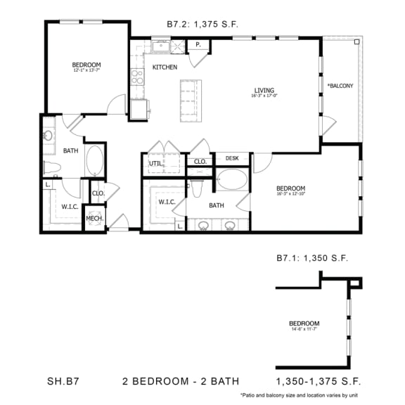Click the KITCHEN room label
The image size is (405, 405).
point(165,67)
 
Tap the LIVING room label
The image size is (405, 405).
point(264,89)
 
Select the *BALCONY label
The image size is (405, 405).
point(340,86)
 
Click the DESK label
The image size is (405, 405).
point(232,158)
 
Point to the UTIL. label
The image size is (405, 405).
point(155,164)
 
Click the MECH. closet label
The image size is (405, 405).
point(95,218)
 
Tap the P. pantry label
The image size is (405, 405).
point(198,46)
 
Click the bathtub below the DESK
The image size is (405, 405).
point(231,179)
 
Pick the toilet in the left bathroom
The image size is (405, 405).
point(51,167)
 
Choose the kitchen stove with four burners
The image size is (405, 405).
point(136,77)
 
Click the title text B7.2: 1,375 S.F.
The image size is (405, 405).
point(202,24)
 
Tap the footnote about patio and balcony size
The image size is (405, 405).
point(300,396)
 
